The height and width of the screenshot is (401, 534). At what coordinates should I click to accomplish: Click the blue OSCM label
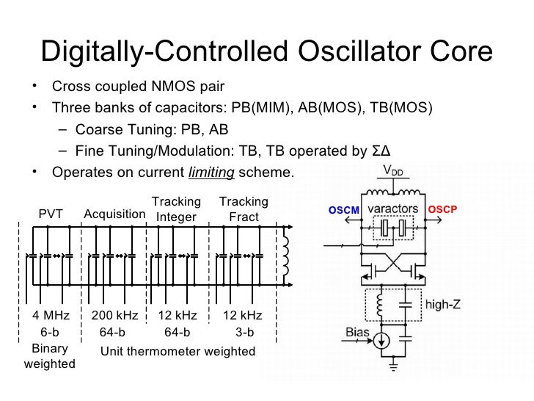point(343,210)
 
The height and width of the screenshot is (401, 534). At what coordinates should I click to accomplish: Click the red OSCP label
point(442,209)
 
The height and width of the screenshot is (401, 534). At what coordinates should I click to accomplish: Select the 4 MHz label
point(51,316)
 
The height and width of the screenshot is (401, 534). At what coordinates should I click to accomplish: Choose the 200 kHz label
point(115,316)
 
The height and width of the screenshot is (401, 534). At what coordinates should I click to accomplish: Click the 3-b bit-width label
point(244,332)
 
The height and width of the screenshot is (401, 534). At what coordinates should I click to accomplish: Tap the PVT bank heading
point(51,214)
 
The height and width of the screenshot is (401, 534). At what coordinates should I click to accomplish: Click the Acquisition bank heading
point(114,214)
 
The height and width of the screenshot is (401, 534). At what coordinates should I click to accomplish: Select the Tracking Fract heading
point(244,209)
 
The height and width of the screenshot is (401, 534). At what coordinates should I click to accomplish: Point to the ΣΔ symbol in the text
point(379,151)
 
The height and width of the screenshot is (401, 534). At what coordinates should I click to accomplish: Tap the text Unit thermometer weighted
point(178,351)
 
